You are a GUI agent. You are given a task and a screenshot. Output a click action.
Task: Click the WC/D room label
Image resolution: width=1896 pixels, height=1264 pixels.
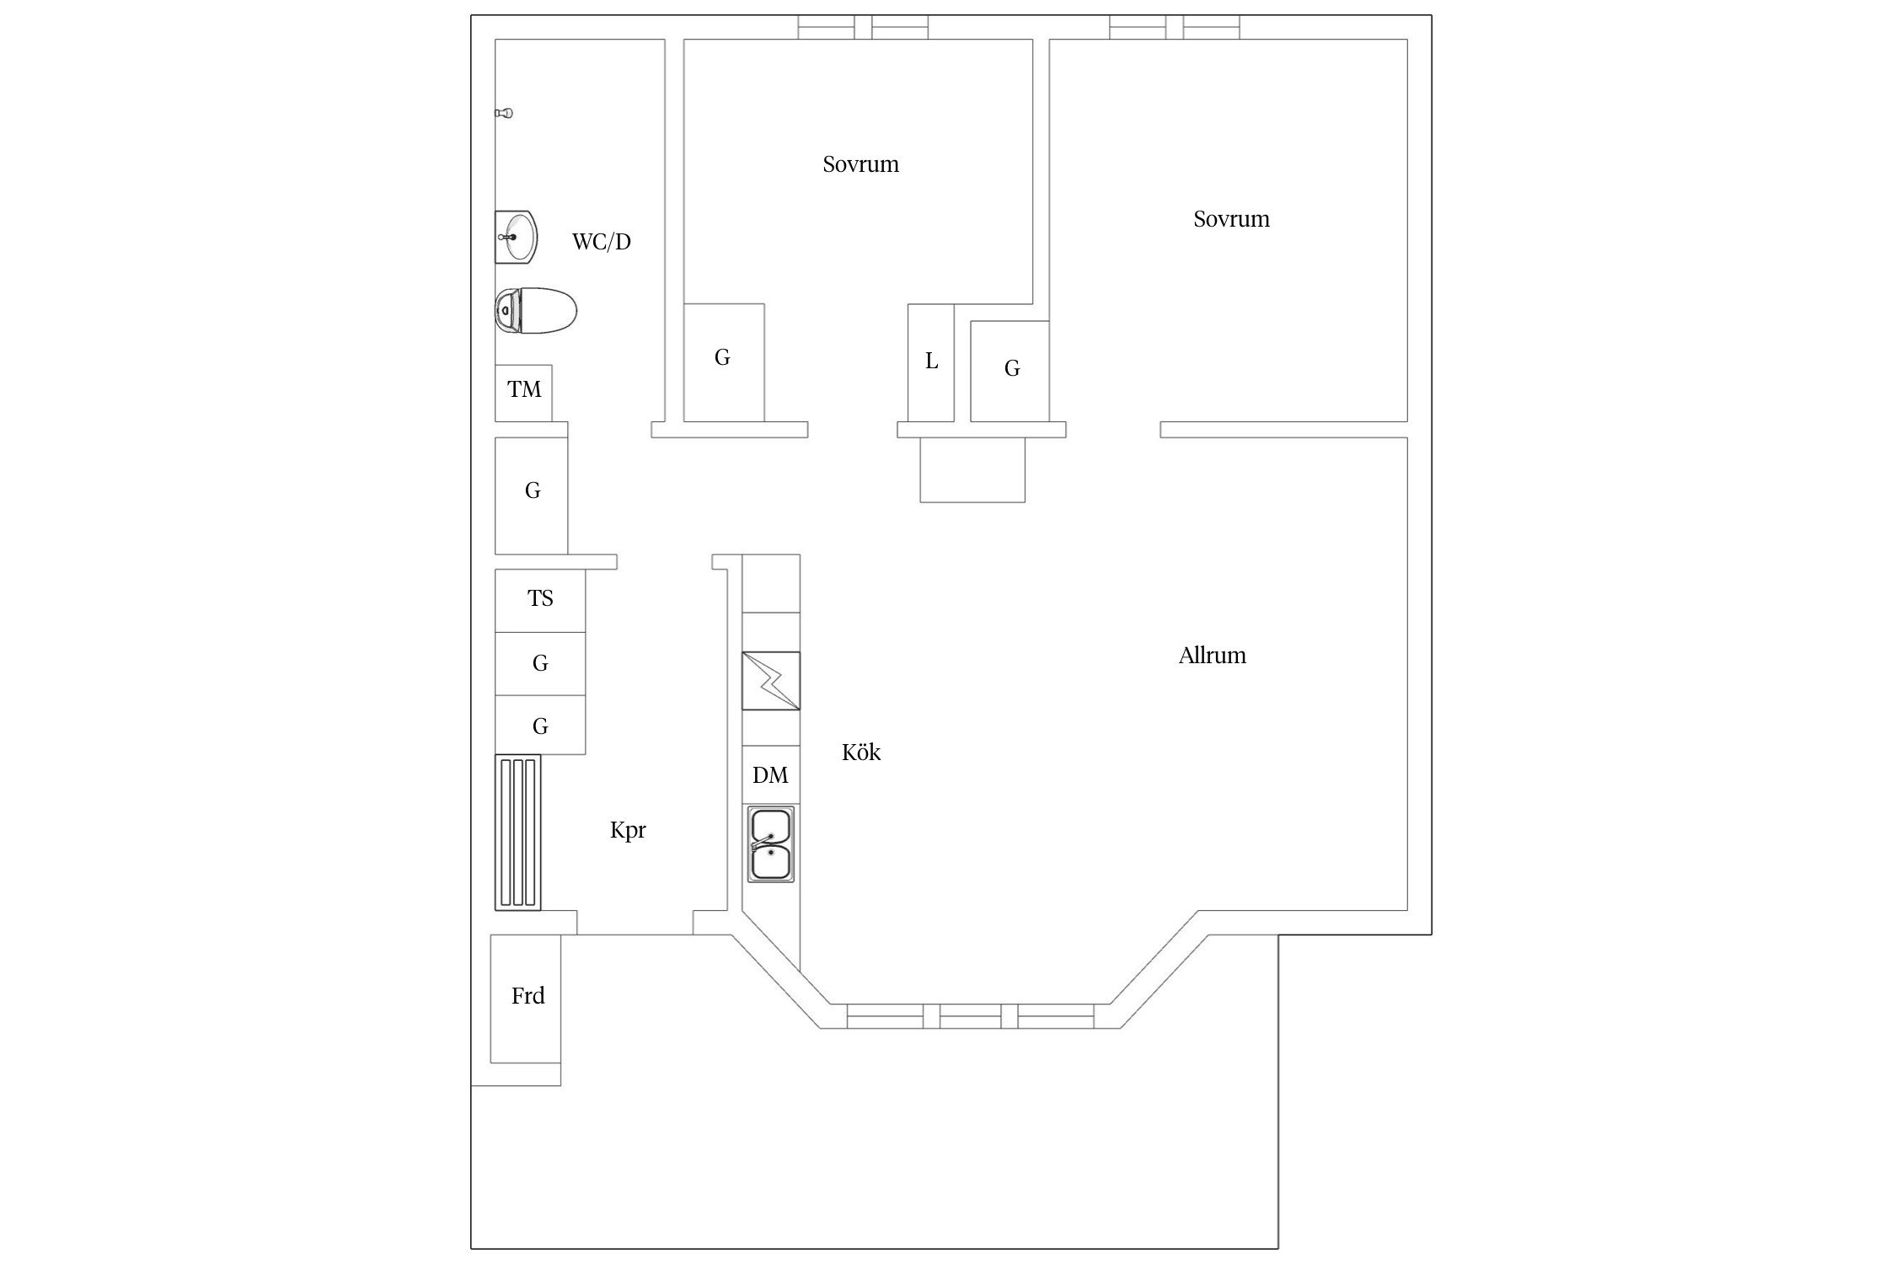click(601, 242)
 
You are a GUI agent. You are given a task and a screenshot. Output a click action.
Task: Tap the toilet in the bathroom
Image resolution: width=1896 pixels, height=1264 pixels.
click(536, 311)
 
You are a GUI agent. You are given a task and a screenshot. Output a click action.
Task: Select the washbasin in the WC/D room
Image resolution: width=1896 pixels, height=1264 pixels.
click(516, 237)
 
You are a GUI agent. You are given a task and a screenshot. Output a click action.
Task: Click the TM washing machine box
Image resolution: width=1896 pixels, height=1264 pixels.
click(523, 393)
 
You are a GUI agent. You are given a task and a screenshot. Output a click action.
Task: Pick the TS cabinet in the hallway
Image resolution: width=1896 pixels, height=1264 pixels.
click(540, 601)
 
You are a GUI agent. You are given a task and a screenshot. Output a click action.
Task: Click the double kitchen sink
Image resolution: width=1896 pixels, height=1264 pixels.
click(770, 844)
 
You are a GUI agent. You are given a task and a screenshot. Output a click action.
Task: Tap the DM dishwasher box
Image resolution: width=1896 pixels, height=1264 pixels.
click(770, 775)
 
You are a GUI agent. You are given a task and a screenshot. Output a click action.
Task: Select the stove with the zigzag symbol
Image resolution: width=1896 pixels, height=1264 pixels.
click(770, 681)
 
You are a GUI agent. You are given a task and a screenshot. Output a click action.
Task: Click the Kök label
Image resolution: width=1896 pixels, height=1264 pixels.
click(860, 753)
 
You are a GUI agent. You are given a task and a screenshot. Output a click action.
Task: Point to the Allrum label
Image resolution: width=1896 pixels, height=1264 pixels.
click(1212, 656)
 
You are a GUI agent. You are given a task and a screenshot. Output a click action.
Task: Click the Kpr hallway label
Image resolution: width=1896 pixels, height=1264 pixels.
click(628, 831)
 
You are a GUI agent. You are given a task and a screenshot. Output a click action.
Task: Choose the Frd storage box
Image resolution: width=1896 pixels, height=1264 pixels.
click(526, 999)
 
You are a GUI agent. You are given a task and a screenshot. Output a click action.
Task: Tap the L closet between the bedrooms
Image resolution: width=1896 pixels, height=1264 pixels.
click(931, 362)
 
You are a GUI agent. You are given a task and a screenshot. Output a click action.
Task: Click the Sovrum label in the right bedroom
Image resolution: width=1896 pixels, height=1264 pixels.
click(1231, 219)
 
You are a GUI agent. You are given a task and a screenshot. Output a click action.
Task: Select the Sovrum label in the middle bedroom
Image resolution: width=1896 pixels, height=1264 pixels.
click(860, 164)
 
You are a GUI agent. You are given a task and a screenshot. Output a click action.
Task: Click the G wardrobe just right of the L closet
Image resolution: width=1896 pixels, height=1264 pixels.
click(1010, 371)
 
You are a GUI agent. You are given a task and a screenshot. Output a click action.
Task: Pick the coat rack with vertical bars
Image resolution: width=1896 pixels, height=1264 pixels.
click(517, 833)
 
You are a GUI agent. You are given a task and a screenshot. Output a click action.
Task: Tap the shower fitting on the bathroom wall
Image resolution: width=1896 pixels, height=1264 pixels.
click(504, 113)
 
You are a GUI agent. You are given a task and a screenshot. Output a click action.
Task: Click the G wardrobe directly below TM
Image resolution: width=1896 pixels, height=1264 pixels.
click(531, 495)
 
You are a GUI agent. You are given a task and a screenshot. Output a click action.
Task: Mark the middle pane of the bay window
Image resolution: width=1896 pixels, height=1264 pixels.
click(970, 1016)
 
